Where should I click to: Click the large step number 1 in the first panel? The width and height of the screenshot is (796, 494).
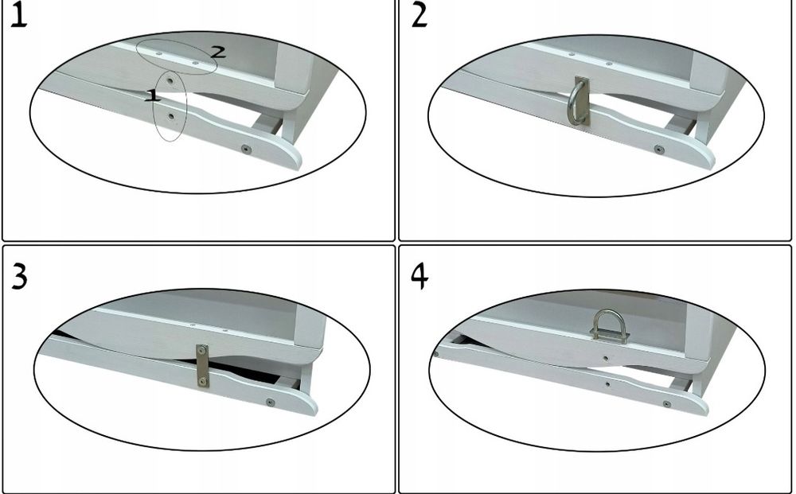(x=18, y=15)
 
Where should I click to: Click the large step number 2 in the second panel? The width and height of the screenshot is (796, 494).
(x=419, y=15)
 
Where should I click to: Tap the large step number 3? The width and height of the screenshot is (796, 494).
(x=19, y=278)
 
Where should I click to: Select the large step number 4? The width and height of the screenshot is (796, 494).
(x=419, y=277)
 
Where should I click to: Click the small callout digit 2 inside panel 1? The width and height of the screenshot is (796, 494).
(x=218, y=51)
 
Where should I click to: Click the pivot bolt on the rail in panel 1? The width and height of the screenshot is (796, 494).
(x=246, y=149)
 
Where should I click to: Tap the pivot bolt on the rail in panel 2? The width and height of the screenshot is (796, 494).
(x=659, y=150)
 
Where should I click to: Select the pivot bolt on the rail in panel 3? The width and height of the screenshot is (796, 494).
(x=270, y=403)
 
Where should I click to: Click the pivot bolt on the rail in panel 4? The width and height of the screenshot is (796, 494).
(x=666, y=404)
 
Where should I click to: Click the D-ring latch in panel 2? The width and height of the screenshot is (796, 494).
(x=578, y=102)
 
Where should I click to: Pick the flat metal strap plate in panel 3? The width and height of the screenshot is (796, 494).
(x=202, y=366)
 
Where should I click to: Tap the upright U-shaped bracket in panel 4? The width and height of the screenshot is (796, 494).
(x=609, y=326)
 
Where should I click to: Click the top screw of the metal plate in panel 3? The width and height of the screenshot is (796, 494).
(x=202, y=350)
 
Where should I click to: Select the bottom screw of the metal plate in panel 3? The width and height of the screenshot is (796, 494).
(x=202, y=381)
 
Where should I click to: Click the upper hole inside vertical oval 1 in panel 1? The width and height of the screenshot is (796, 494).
(x=170, y=80)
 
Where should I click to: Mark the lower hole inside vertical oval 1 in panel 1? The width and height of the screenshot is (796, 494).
(x=170, y=117)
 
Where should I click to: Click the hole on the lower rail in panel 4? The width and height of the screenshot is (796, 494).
(x=607, y=384)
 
